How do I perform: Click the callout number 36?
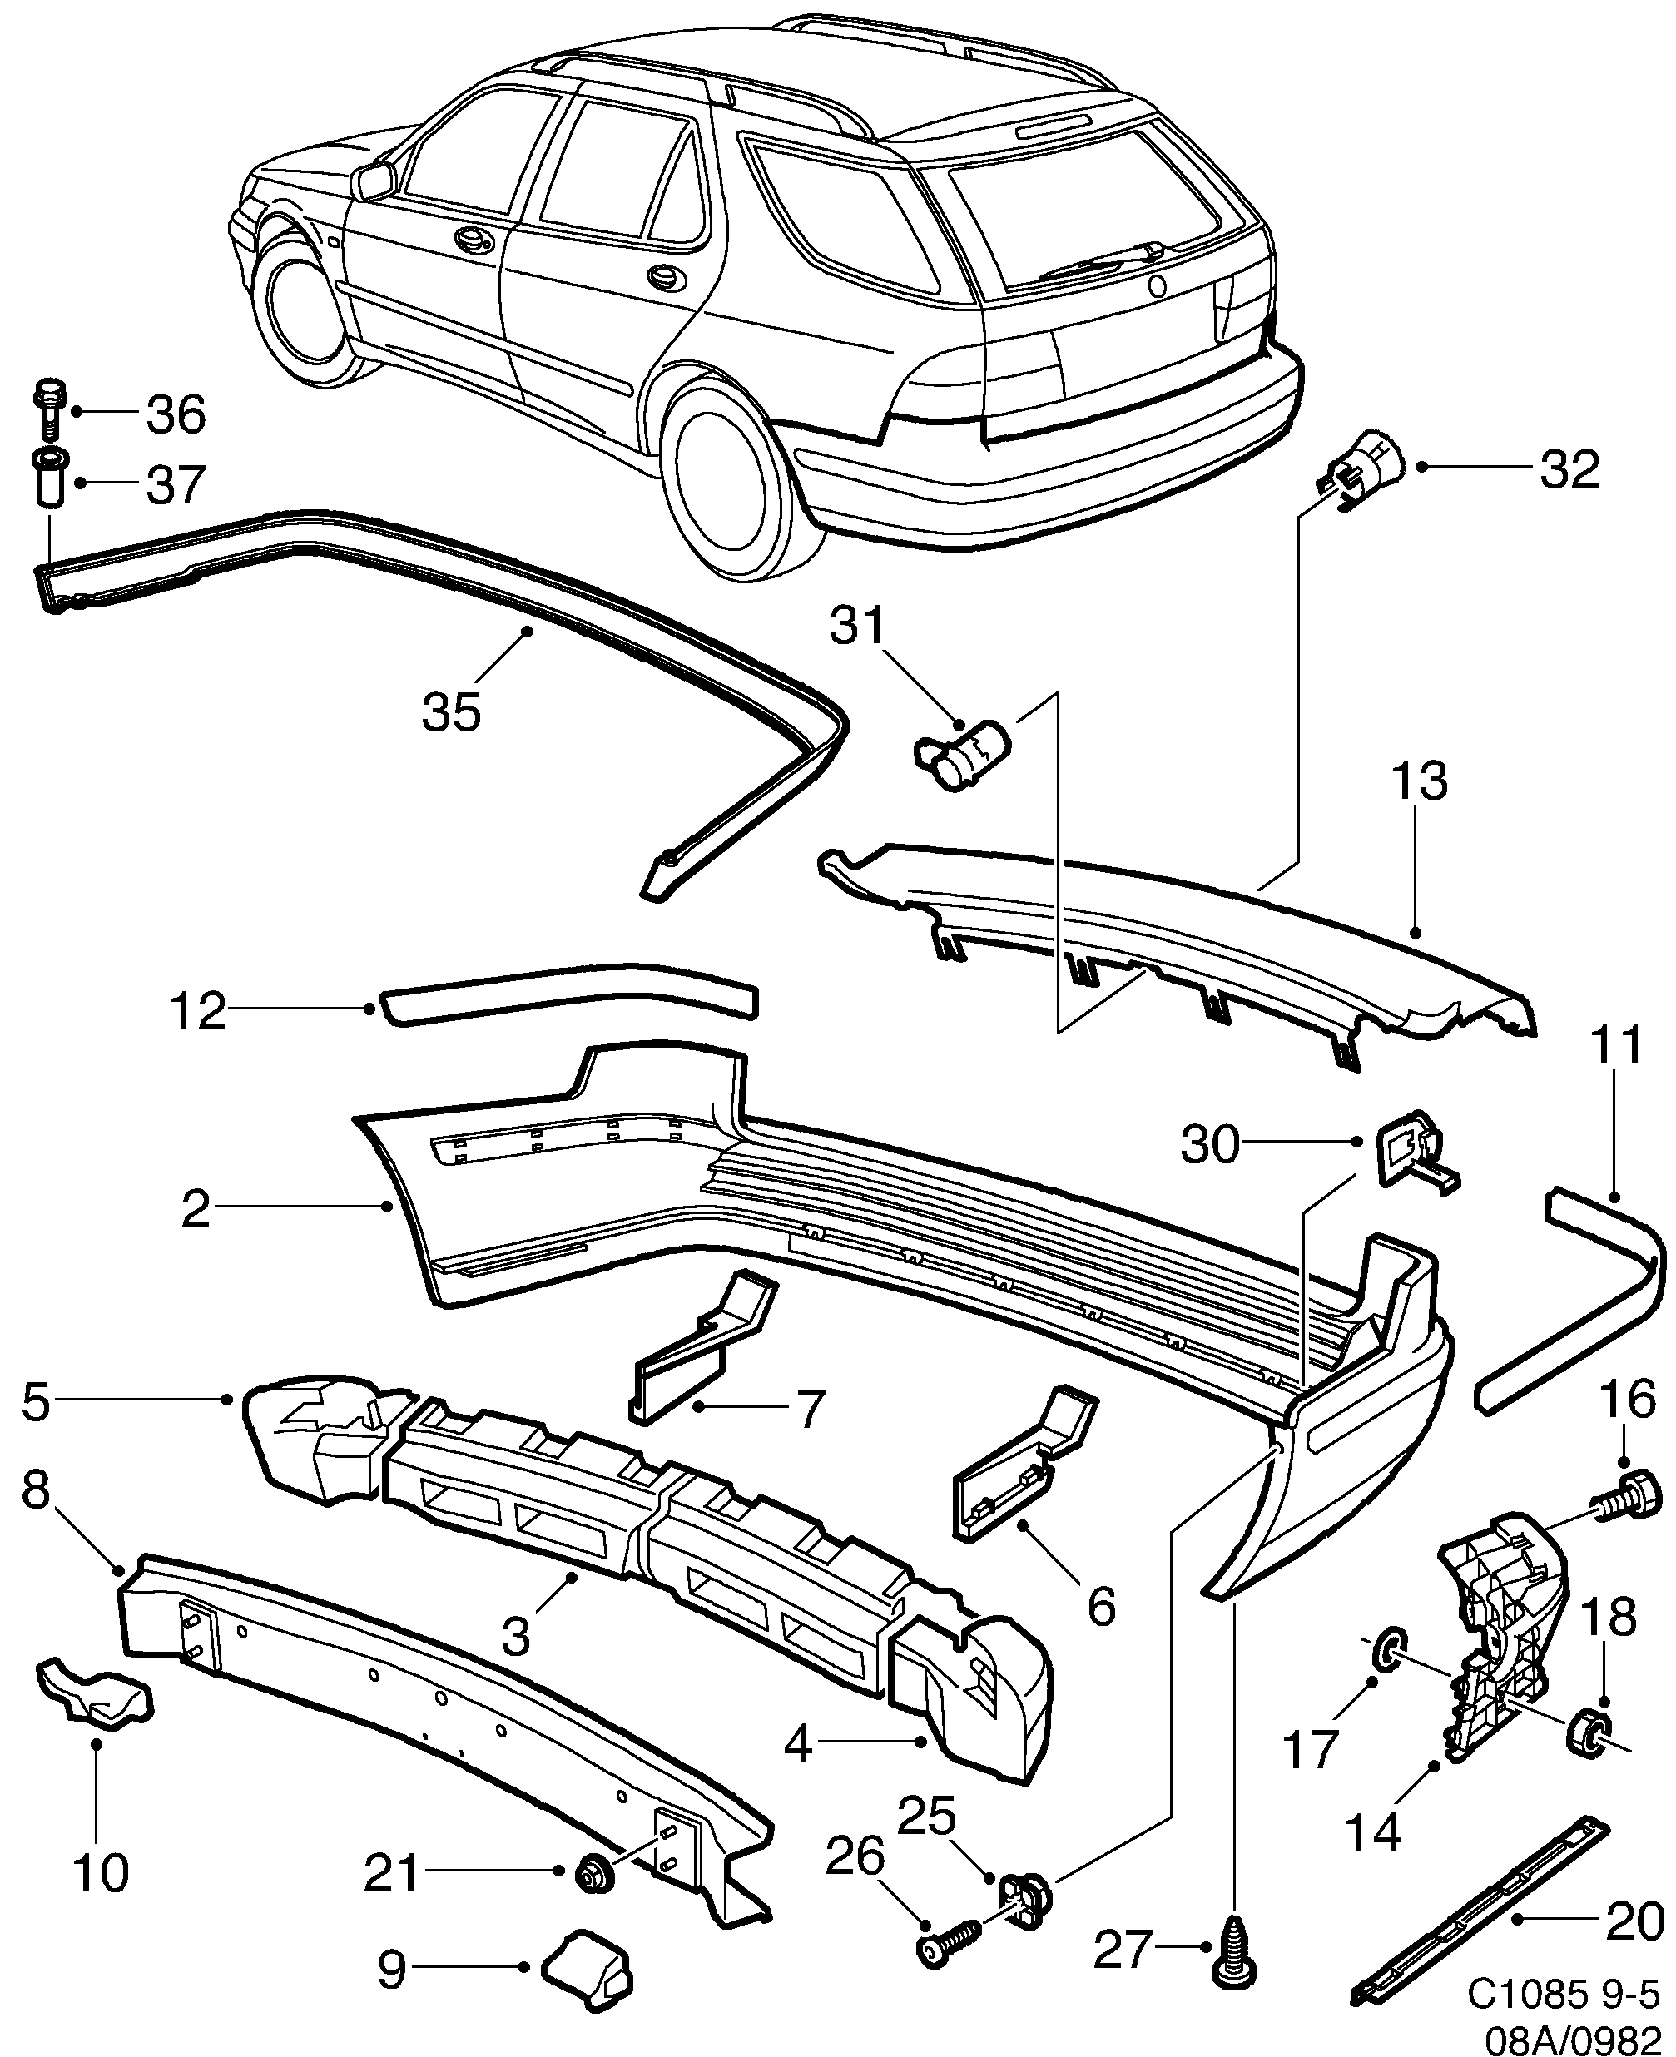coord(176,414)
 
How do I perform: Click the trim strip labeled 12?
coord(569,991)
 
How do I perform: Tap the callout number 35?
coord(451,713)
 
